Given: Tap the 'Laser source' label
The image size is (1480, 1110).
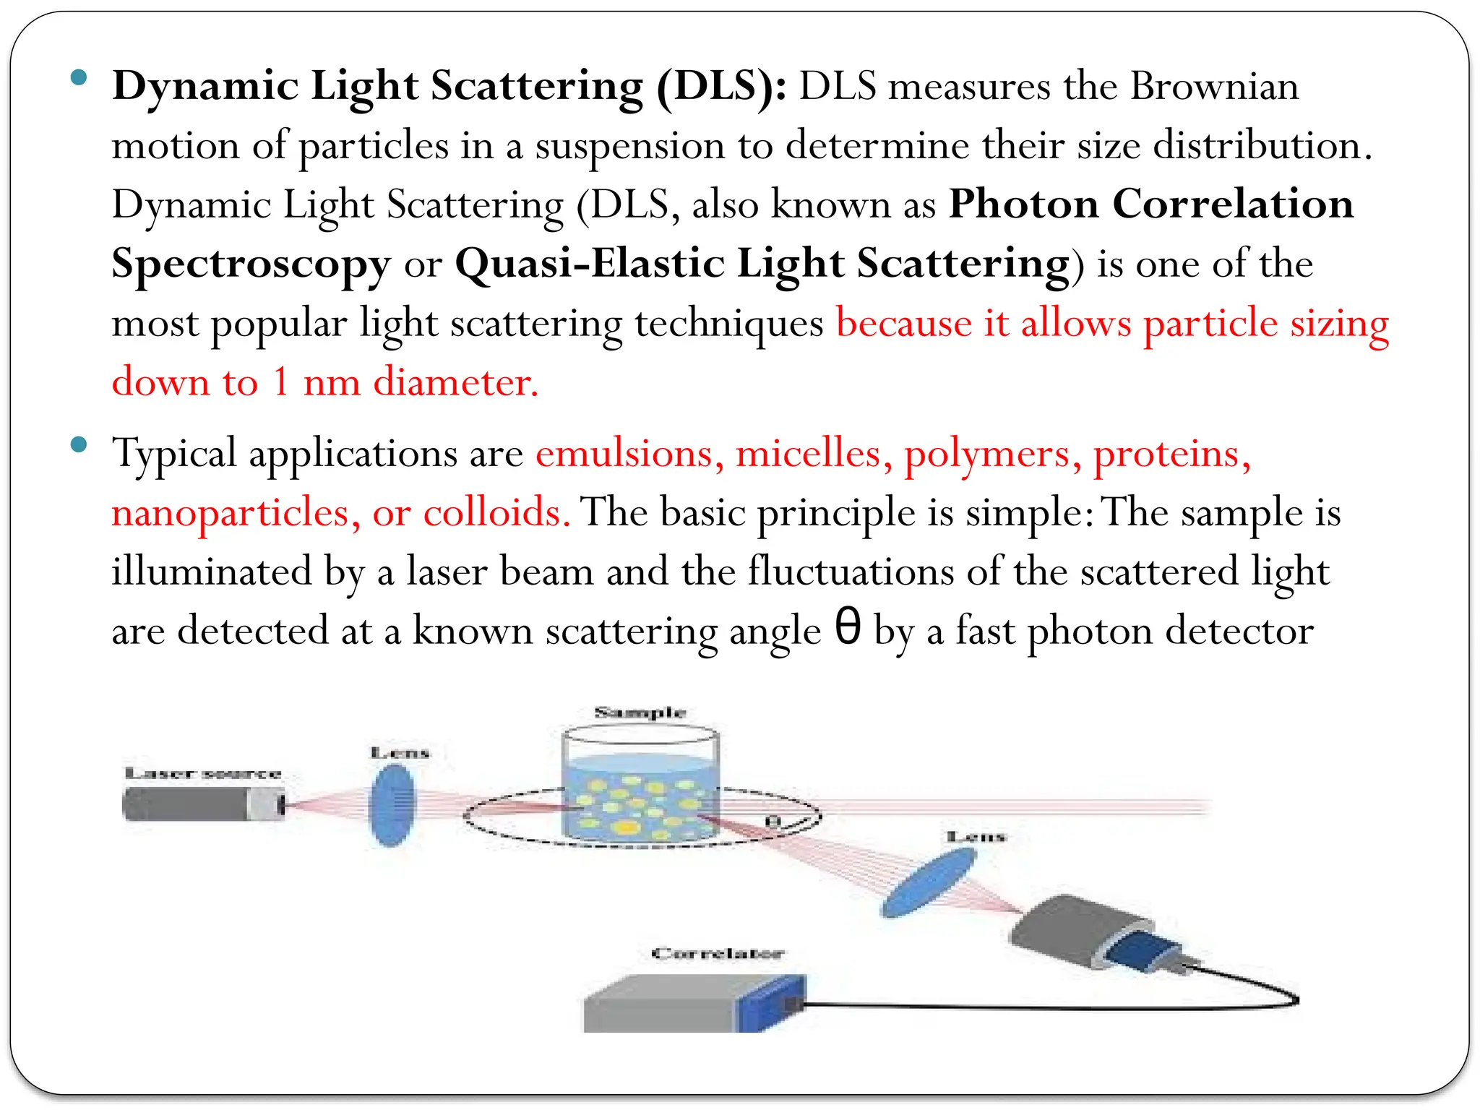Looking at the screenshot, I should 203,773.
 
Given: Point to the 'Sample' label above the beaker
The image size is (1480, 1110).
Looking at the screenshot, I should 640,713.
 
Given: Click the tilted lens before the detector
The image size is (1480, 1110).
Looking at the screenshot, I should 929,882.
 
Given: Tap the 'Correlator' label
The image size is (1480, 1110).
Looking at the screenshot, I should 717,953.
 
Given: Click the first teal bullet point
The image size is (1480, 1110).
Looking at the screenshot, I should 79,77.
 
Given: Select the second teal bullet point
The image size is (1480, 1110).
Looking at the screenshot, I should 79,444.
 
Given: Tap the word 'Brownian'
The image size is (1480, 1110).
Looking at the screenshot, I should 1214,87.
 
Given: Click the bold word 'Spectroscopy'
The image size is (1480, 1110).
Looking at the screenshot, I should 251,264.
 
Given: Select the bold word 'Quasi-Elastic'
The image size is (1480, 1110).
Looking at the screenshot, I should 589,263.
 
